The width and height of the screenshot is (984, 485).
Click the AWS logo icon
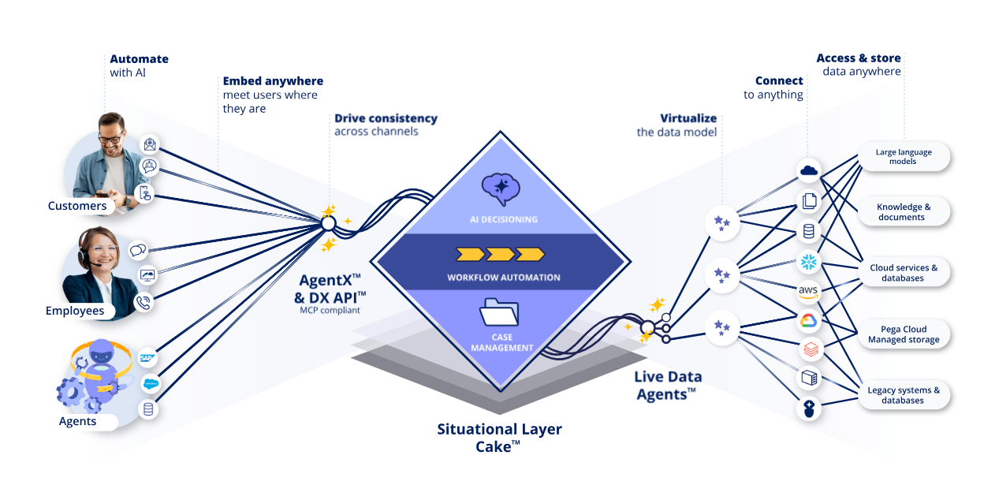tap(808, 292)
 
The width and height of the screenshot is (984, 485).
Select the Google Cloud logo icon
tap(808, 321)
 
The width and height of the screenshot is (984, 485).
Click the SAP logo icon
tap(147, 358)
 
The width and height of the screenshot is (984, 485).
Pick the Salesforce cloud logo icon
tap(151, 383)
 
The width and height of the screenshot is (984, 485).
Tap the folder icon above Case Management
tap(499, 312)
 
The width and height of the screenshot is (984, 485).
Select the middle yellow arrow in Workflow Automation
tap(501, 255)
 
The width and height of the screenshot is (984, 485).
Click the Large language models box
tap(904, 156)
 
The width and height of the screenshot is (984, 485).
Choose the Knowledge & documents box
tap(904, 211)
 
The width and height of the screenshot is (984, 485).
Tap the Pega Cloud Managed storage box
tap(904, 334)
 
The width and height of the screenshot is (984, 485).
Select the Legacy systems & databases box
tap(904, 395)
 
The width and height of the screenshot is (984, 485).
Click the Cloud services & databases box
tap(904, 272)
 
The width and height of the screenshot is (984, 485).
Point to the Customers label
tap(77, 206)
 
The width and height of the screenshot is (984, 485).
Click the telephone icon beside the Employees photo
tap(143, 303)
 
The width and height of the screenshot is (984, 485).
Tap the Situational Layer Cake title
tap(499, 438)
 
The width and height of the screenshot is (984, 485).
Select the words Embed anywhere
tap(273, 80)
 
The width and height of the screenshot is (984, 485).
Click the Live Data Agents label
tap(668, 386)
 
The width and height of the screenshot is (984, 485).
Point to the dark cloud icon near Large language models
tap(809, 170)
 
